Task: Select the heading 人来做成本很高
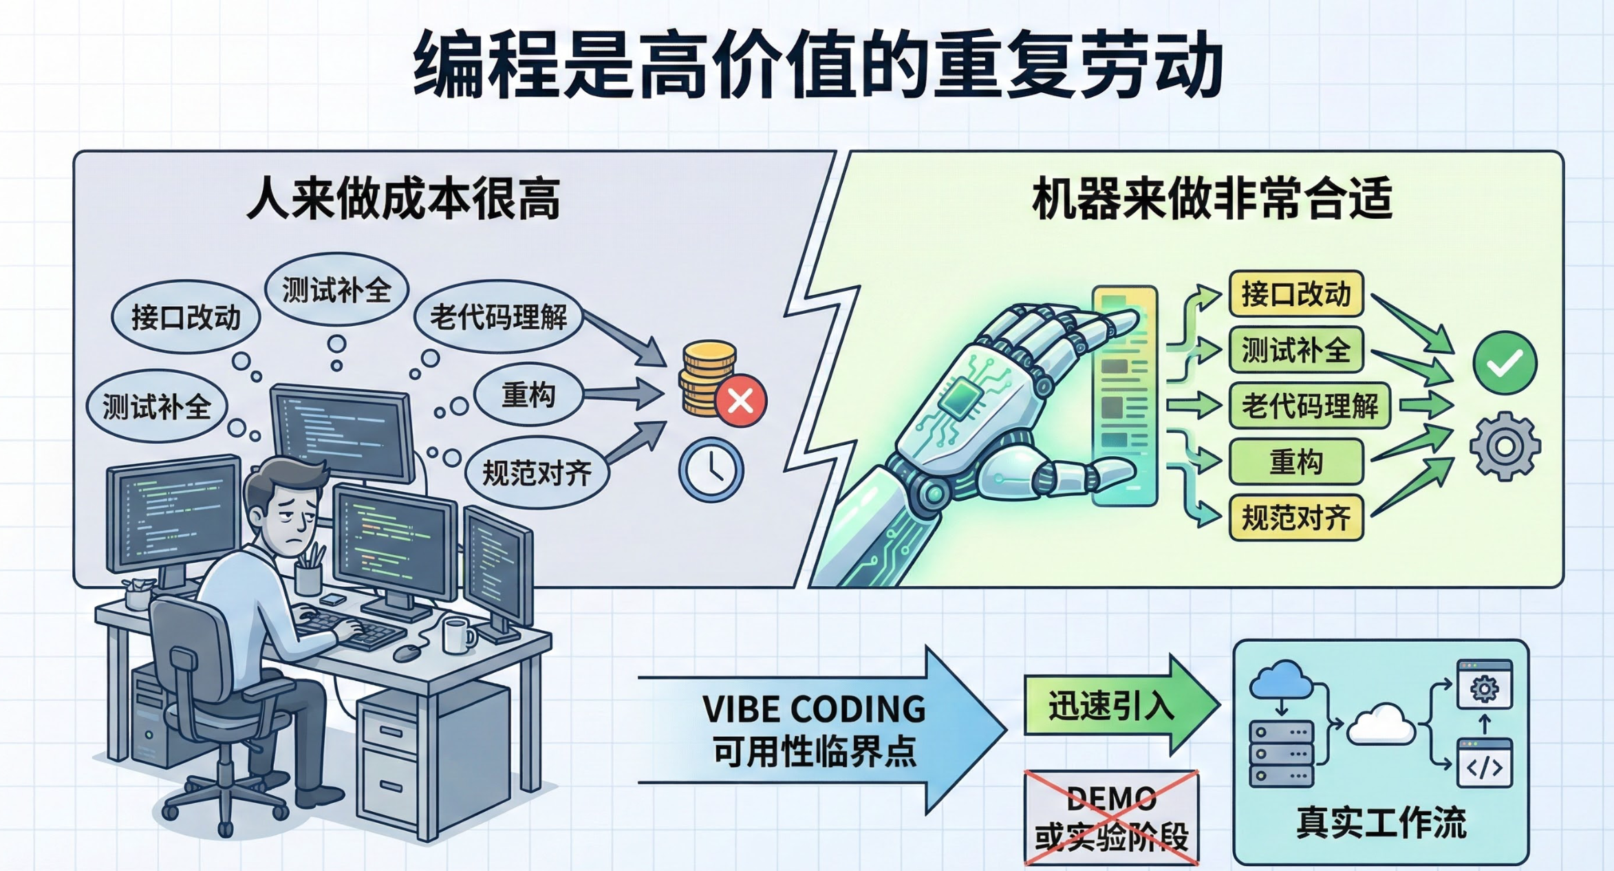403,199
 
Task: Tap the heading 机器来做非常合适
1212,199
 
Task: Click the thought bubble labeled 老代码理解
498,317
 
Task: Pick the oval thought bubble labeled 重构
528,395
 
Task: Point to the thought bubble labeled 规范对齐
537,473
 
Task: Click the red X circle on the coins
740,401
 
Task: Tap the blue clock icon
711,471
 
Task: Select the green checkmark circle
1505,363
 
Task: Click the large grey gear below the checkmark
1505,447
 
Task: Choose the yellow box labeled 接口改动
1296,294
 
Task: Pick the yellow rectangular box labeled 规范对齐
1296,517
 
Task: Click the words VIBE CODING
814,709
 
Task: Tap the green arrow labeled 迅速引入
1110,706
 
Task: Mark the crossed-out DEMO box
1112,817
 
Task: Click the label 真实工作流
1381,823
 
